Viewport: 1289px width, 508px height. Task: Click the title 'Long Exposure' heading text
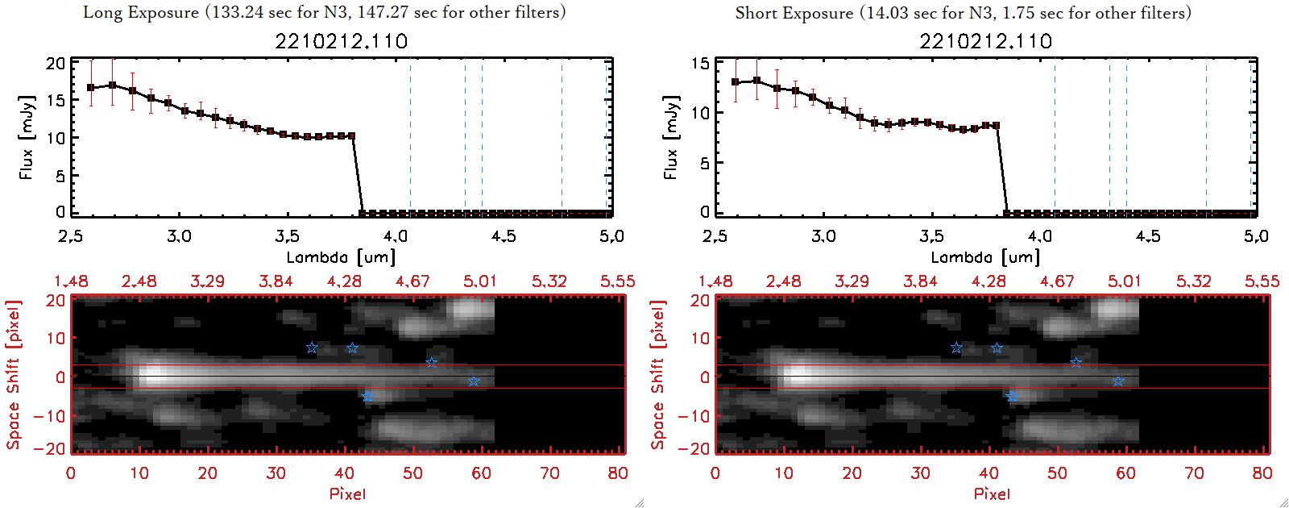(141, 13)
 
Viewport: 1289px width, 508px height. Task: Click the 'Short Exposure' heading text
(794, 13)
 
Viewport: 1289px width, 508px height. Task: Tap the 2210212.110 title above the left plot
(342, 41)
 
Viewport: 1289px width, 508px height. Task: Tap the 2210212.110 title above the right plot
(986, 41)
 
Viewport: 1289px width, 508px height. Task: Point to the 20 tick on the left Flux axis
(56, 64)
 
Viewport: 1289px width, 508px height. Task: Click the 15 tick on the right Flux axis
(700, 64)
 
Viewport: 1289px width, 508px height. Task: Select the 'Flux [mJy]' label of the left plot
(27, 137)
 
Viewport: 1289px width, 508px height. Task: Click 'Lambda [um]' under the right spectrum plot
(985, 257)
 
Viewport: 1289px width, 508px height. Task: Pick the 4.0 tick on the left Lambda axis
(396, 236)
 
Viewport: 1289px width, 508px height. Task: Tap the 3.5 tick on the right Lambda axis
(931, 236)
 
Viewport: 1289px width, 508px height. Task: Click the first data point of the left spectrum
(91, 88)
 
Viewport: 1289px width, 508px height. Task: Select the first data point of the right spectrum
(736, 82)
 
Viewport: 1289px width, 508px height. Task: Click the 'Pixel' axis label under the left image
(347, 493)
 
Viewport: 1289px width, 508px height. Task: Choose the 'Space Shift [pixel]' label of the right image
(658, 375)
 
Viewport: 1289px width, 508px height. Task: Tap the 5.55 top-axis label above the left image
(617, 281)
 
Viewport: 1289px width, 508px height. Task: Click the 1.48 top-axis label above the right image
(715, 281)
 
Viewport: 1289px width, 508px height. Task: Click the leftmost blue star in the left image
(312, 348)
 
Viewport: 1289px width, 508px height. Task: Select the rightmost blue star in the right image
(1118, 381)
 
